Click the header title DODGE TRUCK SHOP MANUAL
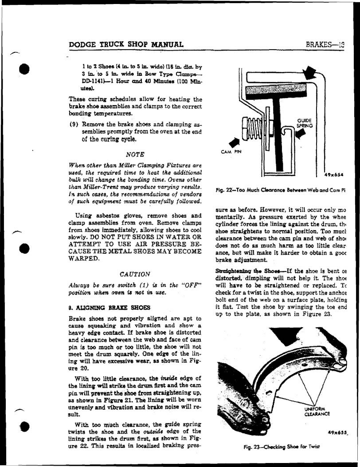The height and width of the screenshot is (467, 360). click(126, 44)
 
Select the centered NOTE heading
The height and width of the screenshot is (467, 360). click(135, 154)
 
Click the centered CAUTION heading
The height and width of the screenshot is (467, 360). click(135, 274)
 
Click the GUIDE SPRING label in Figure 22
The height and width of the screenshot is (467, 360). click(305, 123)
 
